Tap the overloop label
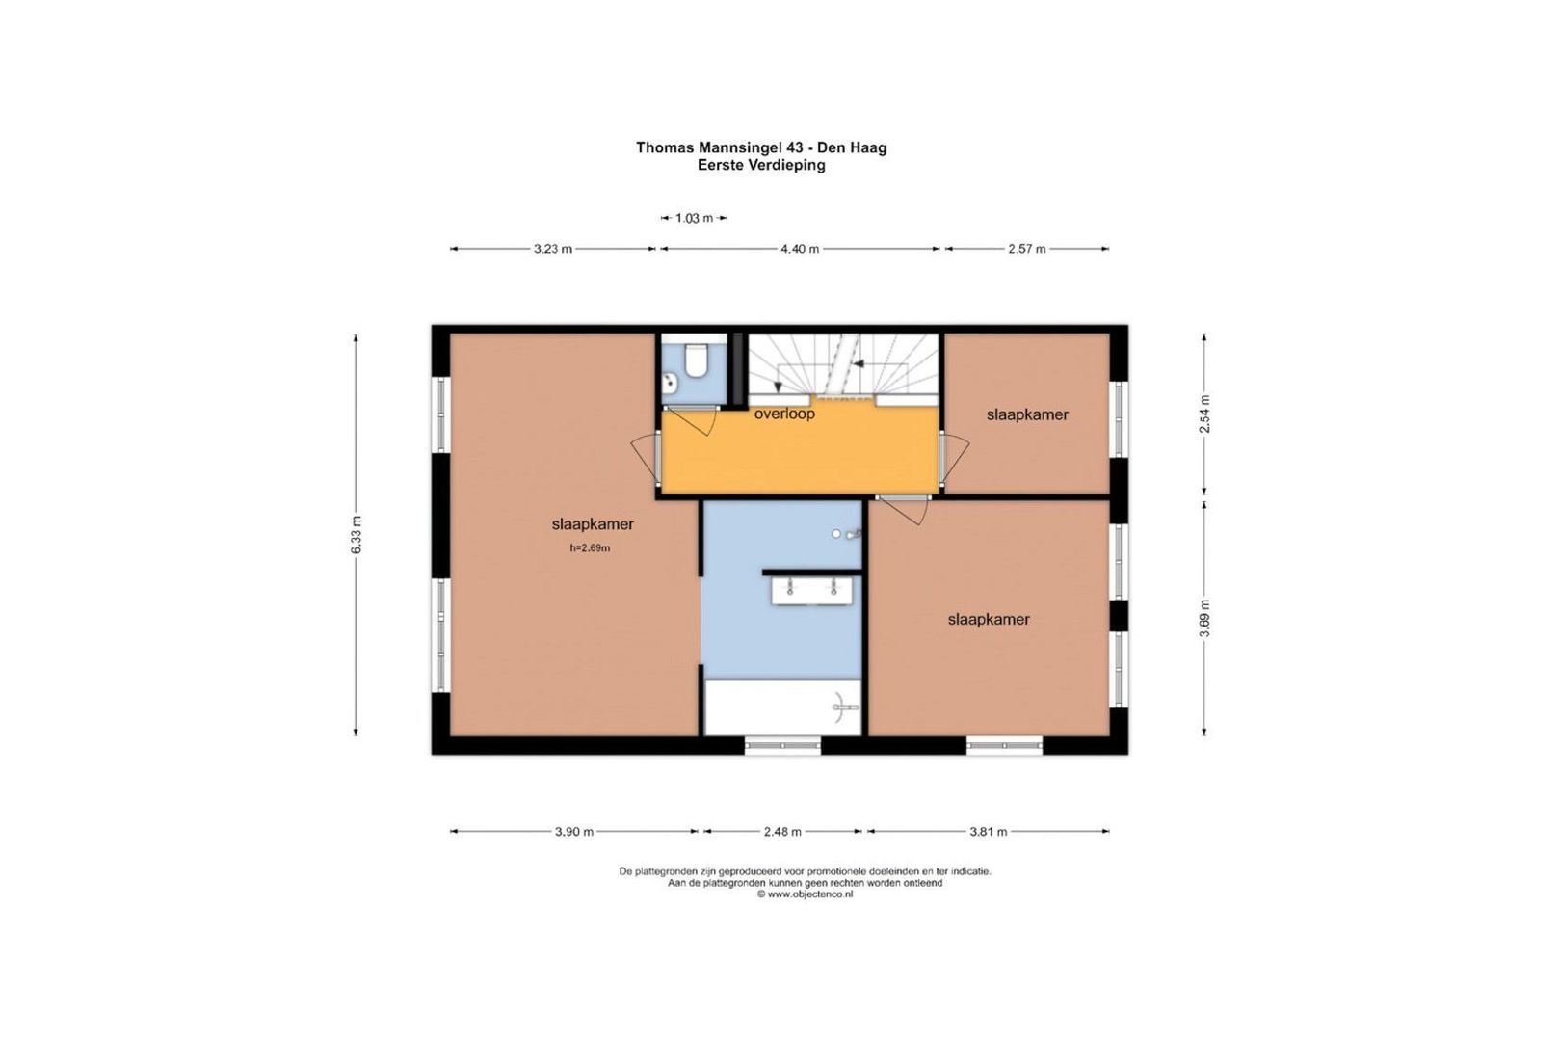tap(785, 414)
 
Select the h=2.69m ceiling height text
tap(590, 548)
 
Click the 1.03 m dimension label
tap(695, 218)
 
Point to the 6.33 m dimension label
tap(357, 535)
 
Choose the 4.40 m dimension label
tap(800, 249)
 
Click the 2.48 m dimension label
tap(782, 831)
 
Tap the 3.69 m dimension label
tap(1205, 618)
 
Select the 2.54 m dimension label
tap(1205, 414)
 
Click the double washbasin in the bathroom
tap(812, 591)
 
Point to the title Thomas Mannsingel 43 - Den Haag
tap(761, 147)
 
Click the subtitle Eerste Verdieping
tap(761, 165)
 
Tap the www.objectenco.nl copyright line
tap(806, 894)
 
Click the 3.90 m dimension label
tap(574, 831)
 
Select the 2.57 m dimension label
tap(1027, 249)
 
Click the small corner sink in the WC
tap(671, 381)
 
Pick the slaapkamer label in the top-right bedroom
tap(1027, 414)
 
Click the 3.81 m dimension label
tap(989, 831)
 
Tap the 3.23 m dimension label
tap(553, 249)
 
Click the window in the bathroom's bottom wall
tap(782, 745)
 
